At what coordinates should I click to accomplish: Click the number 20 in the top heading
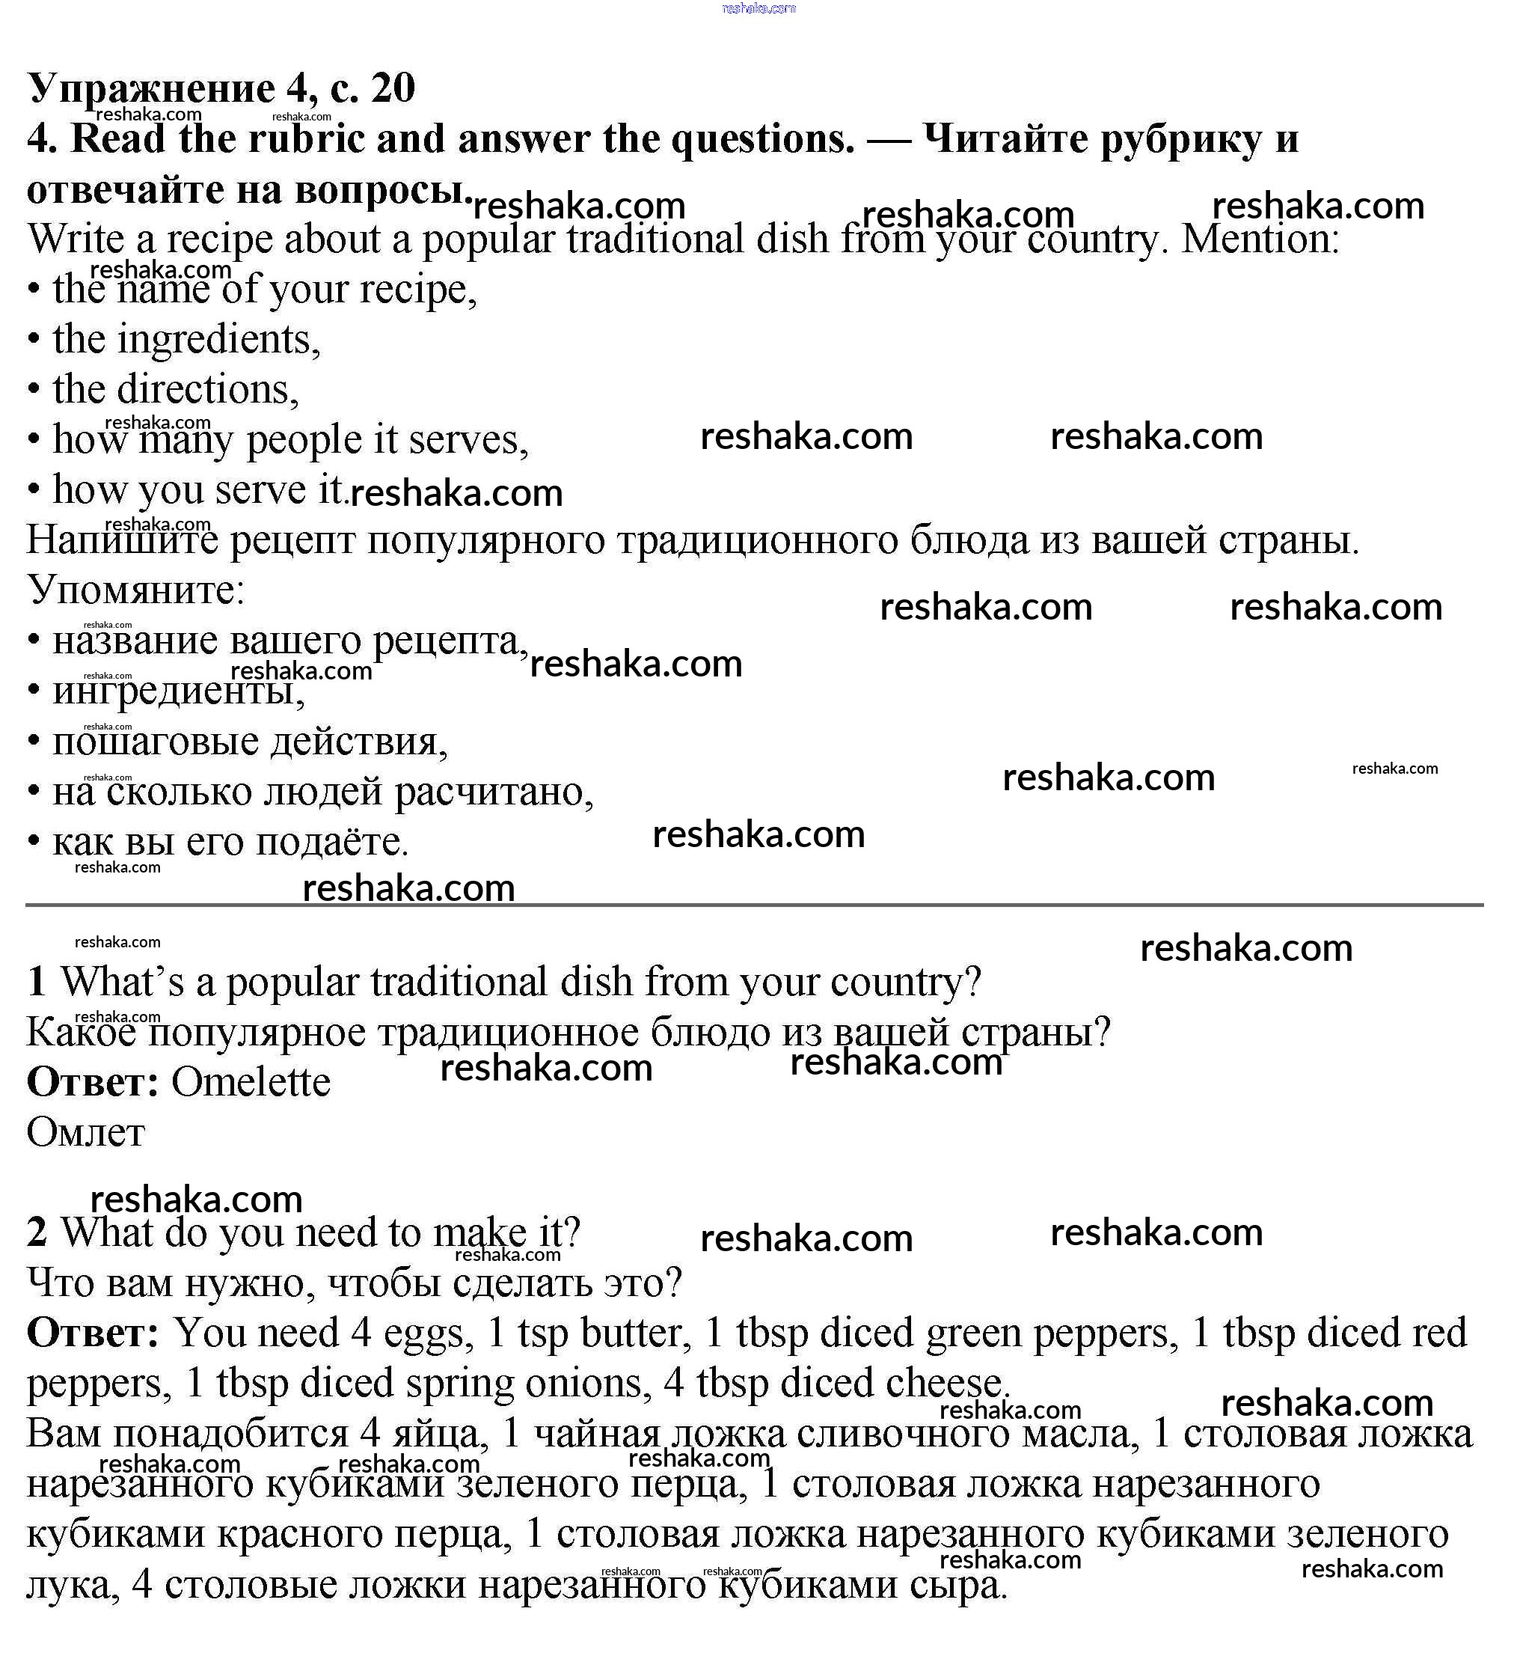pyautogui.click(x=393, y=88)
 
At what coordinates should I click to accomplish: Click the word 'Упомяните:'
pyautogui.click(x=136, y=590)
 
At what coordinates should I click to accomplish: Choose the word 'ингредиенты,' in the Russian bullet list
pyautogui.click(x=178, y=691)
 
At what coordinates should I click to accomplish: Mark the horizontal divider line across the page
pyautogui.click(x=754, y=905)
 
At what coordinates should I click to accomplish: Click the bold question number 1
pyautogui.click(x=36, y=983)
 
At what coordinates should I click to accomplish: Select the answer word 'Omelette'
pyautogui.click(x=251, y=1083)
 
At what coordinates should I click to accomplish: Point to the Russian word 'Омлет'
pyautogui.click(x=85, y=1134)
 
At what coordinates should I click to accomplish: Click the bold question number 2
pyautogui.click(x=37, y=1233)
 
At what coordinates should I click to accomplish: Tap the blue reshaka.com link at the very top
pyautogui.click(x=758, y=8)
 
